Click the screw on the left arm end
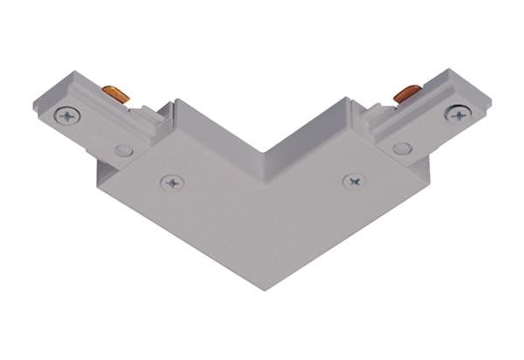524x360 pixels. coord(66,115)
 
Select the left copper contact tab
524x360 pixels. coord(111,93)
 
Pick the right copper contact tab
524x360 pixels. coord(406,92)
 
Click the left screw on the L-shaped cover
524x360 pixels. coord(172,183)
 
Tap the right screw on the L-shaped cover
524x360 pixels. coord(354,182)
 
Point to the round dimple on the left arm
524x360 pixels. coord(123,151)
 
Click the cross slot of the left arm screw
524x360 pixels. coord(66,115)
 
